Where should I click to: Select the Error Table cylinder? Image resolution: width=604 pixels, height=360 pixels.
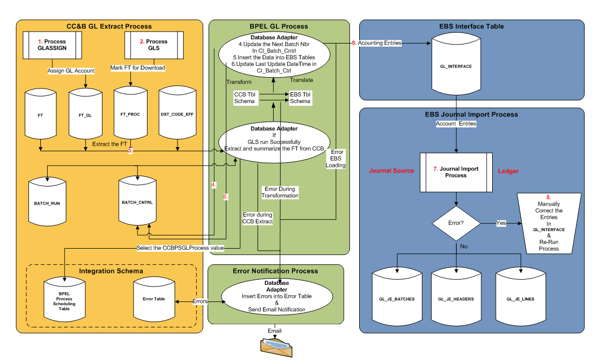click(x=154, y=299)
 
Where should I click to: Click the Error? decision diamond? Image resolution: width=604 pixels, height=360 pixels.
click(x=455, y=224)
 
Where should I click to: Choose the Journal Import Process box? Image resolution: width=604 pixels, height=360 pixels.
click(x=455, y=172)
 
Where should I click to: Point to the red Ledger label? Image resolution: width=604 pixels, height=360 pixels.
click(x=508, y=171)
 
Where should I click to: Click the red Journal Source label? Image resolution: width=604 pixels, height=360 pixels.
click(x=391, y=171)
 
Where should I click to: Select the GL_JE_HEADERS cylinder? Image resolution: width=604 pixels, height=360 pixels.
click(x=456, y=299)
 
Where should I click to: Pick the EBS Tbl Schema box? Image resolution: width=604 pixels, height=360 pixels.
click(x=300, y=98)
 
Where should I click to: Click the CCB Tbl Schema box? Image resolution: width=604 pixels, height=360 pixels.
click(x=244, y=98)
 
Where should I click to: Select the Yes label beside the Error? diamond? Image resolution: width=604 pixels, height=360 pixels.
click(x=502, y=224)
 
